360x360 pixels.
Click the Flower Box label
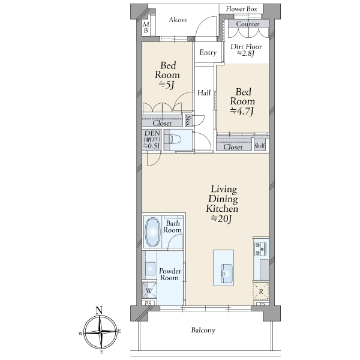(x=241, y=9)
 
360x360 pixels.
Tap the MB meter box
(x=146, y=28)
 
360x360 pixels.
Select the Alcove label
(x=178, y=20)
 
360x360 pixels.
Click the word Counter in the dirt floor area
(x=248, y=24)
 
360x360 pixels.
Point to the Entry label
(x=208, y=53)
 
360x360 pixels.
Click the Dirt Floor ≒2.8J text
(x=246, y=50)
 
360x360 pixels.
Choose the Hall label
(x=204, y=93)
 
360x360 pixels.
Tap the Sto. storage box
(x=188, y=121)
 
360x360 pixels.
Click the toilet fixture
(x=175, y=139)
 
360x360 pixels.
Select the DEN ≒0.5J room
(x=152, y=140)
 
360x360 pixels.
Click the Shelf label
(x=260, y=146)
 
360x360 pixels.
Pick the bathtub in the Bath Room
(x=153, y=232)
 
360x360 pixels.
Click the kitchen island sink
(x=226, y=274)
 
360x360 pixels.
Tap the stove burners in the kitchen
(x=260, y=248)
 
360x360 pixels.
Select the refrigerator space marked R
(x=261, y=292)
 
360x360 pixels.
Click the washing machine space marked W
(x=149, y=291)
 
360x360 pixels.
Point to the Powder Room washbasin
(x=151, y=268)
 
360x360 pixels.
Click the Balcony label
(x=203, y=330)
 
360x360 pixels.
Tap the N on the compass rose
(x=99, y=310)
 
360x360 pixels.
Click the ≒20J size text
(x=221, y=218)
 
